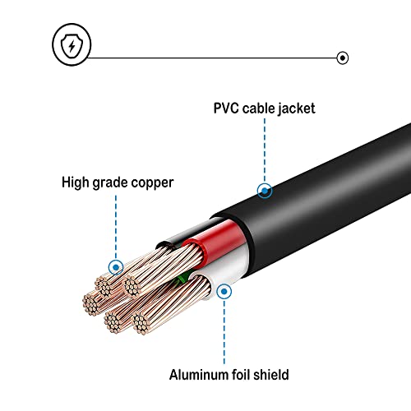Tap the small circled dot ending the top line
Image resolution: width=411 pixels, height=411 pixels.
point(342,58)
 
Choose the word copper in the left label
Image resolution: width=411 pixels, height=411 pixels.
point(155,182)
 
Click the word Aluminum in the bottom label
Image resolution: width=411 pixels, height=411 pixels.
point(200,376)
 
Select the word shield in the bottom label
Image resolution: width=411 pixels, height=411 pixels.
point(273,376)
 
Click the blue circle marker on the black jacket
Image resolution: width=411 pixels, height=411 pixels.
point(265,191)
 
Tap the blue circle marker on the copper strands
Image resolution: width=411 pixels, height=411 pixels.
point(115,266)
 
